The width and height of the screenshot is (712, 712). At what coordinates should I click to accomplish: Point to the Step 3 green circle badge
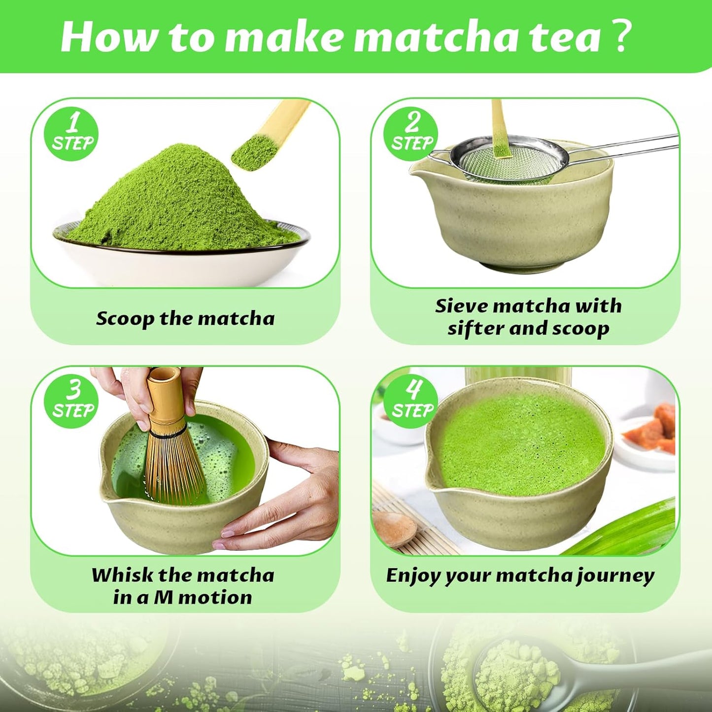coord(72,401)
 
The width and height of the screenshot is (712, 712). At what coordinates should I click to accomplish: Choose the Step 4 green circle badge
coord(411,401)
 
